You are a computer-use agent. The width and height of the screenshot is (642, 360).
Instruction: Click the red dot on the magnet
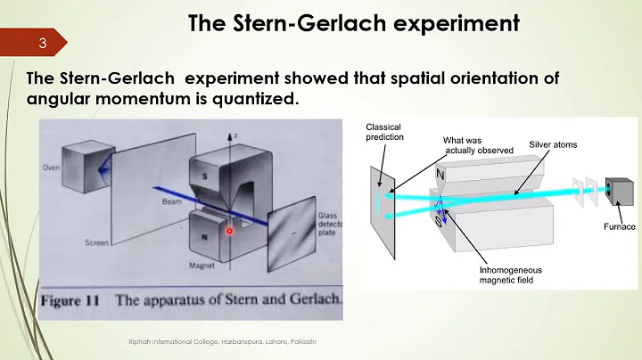[228, 230]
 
